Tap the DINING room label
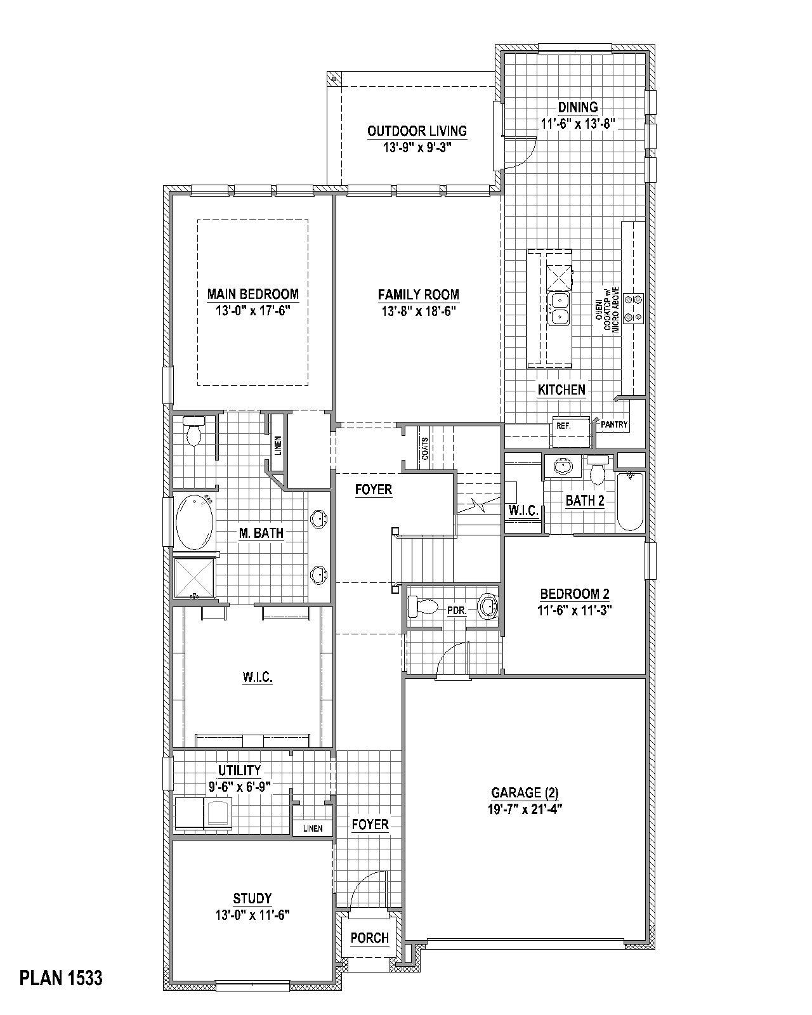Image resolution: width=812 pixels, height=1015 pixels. point(577,107)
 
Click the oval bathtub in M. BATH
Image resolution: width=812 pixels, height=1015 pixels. point(194,522)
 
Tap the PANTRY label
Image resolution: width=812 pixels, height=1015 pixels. point(613,424)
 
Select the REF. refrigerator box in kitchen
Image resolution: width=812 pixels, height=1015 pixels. point(564,426)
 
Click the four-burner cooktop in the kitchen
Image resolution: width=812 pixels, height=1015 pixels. point(633,308)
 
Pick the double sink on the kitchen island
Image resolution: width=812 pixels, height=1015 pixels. point(559,308)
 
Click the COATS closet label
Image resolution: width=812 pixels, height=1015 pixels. point(424,449)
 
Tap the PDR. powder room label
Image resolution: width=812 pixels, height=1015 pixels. point(457,611)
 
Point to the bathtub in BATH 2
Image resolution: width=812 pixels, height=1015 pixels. point(630,502)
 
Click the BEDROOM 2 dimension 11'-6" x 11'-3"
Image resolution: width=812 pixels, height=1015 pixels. point(575,611)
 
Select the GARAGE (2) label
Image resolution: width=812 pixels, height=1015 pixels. point(525,792)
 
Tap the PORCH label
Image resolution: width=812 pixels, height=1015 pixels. point(369,938)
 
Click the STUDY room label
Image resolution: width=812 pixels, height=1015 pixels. point(252,898)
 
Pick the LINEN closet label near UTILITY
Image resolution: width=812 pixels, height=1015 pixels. point(313,828)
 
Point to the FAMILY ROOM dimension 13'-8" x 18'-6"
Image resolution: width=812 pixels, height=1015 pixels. point(418,311)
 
